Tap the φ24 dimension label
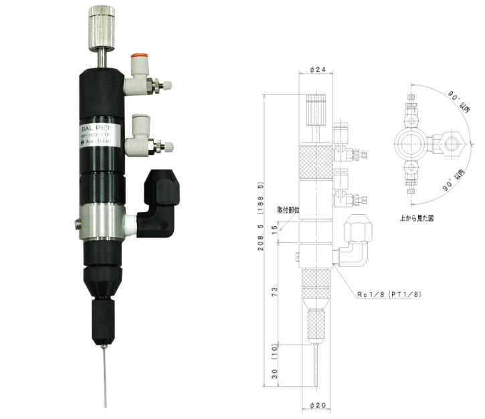[318, 69]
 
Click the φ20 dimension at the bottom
[318, 405]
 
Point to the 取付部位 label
[288, 209]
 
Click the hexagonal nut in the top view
[456, 143]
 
